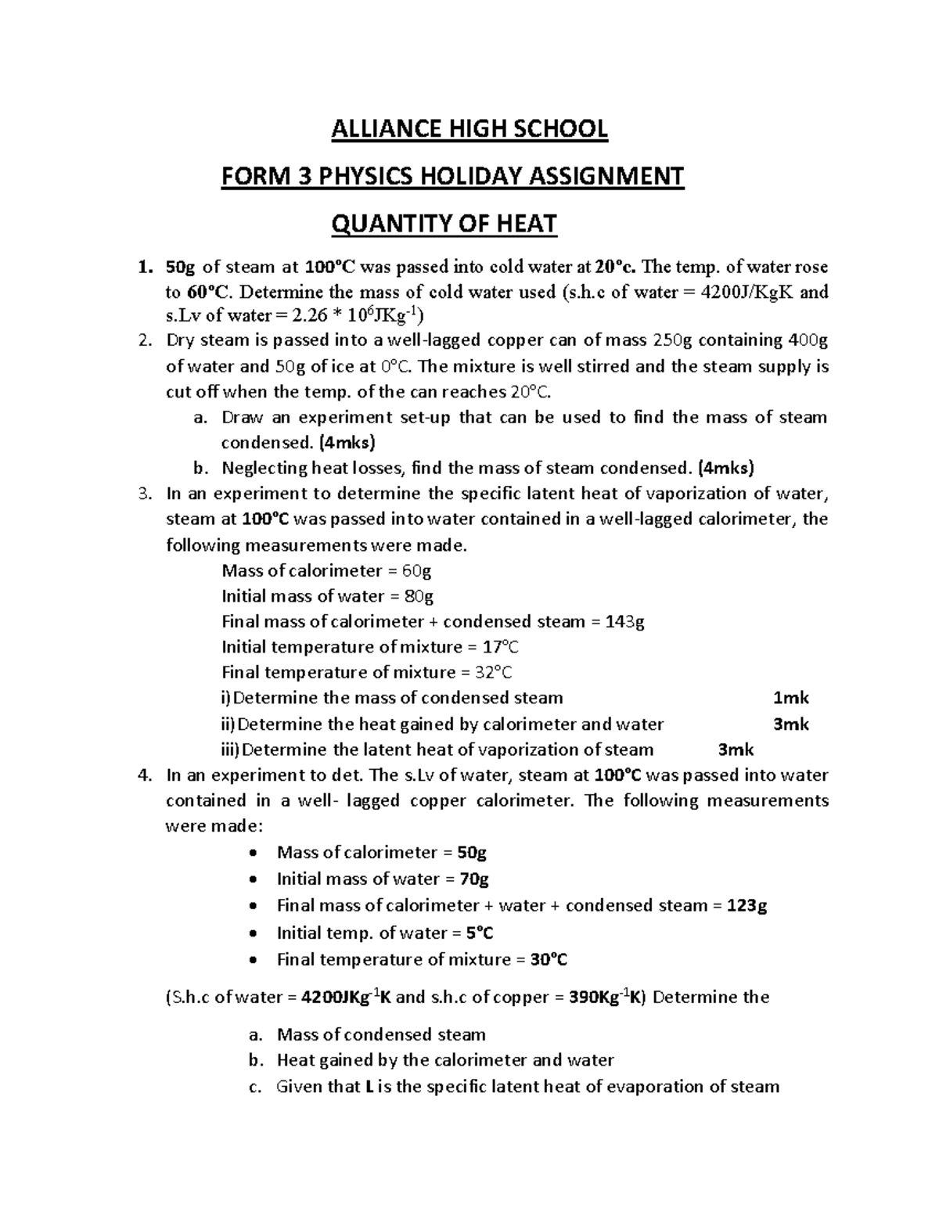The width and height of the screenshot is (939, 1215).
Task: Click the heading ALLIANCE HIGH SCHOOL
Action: [469, 128]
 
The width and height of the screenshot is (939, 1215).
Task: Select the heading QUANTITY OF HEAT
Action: [444, 225]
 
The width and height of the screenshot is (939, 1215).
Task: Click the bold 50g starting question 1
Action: [182, 268]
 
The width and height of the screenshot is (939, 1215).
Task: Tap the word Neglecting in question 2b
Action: [264, 468]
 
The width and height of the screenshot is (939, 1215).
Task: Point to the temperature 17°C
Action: [499, 647]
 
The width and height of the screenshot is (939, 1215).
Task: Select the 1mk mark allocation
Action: [790, 698]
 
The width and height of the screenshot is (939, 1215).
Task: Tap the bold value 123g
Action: [747, 905]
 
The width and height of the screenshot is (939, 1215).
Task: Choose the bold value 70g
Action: [474, 879]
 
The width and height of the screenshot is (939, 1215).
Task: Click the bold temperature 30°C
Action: [549, 959]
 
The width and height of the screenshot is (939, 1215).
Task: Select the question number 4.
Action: [142, 775]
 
